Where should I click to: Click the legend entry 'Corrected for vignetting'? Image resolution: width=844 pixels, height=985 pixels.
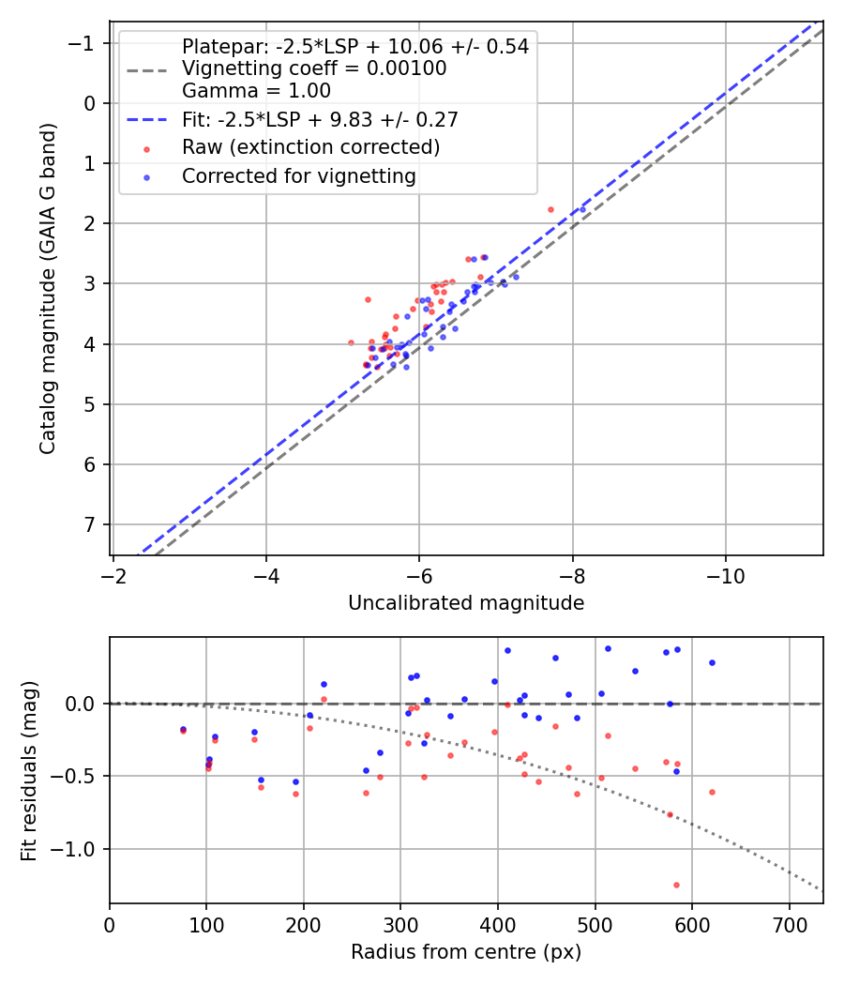coord(298,176)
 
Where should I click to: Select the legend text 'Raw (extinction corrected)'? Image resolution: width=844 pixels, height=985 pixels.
coord(310,147)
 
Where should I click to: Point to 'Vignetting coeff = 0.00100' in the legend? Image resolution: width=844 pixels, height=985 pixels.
coord(314,68)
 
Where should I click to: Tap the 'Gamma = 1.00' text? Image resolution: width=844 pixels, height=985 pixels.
coord(256,91)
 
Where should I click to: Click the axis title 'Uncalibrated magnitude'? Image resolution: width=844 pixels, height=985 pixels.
coord(466,603)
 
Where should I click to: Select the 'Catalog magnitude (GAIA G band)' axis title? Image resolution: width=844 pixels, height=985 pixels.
coord(48,289)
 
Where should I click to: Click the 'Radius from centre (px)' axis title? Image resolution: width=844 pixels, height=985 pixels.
coord(466,952)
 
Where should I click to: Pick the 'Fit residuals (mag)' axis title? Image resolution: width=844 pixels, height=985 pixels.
coord(29,770)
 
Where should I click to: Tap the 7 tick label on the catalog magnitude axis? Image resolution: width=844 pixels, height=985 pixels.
coord(91,524)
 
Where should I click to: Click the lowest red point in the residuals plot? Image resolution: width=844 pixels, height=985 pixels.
coord(676,885)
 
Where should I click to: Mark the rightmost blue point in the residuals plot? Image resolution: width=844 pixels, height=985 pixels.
coord(712,662)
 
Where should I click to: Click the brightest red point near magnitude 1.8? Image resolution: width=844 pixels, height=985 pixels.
coord(550,209)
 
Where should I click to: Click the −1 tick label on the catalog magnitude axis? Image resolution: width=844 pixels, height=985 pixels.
coord(84,43)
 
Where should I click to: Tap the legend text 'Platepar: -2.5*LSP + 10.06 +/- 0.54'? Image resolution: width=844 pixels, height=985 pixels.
coord(355,47)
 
